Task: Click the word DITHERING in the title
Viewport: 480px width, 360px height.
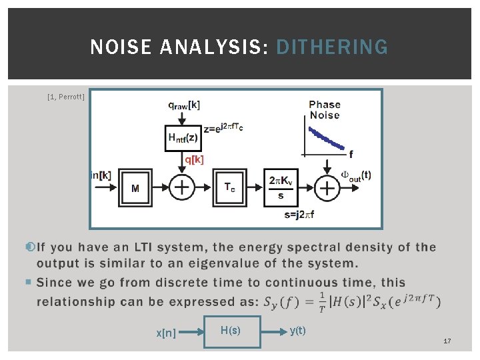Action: pyautogui.click(x=331, y=47)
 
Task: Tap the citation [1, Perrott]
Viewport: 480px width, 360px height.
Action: pyautogui.click(x=66, y=97)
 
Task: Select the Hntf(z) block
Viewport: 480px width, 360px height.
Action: pyautogui.click(x=182, y=138)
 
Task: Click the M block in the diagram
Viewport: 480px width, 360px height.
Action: pyautogui.click(x=135, y=188)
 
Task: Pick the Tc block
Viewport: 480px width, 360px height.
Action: pyautogui.click(x=229, y=187)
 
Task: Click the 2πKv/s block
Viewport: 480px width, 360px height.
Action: pyautogui.click(x=281, y=187)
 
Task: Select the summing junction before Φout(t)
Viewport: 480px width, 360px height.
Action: pyautogui.click(x=327, y=189)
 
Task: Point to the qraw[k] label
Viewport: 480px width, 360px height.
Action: pyautogui.click(x=183, y=105)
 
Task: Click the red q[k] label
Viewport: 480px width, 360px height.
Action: pyautogui.click(x=195, y=159)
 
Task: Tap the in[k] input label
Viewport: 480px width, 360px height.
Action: pyautogui.click(x=101, y=175)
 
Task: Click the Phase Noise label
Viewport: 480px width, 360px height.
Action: pyautogui.click(x=325, y=109)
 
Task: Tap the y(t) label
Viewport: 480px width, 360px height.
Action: pyautogui.click(x=297, y=330)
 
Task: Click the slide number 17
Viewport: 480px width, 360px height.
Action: pyautogui.click(x=447, y=341)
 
